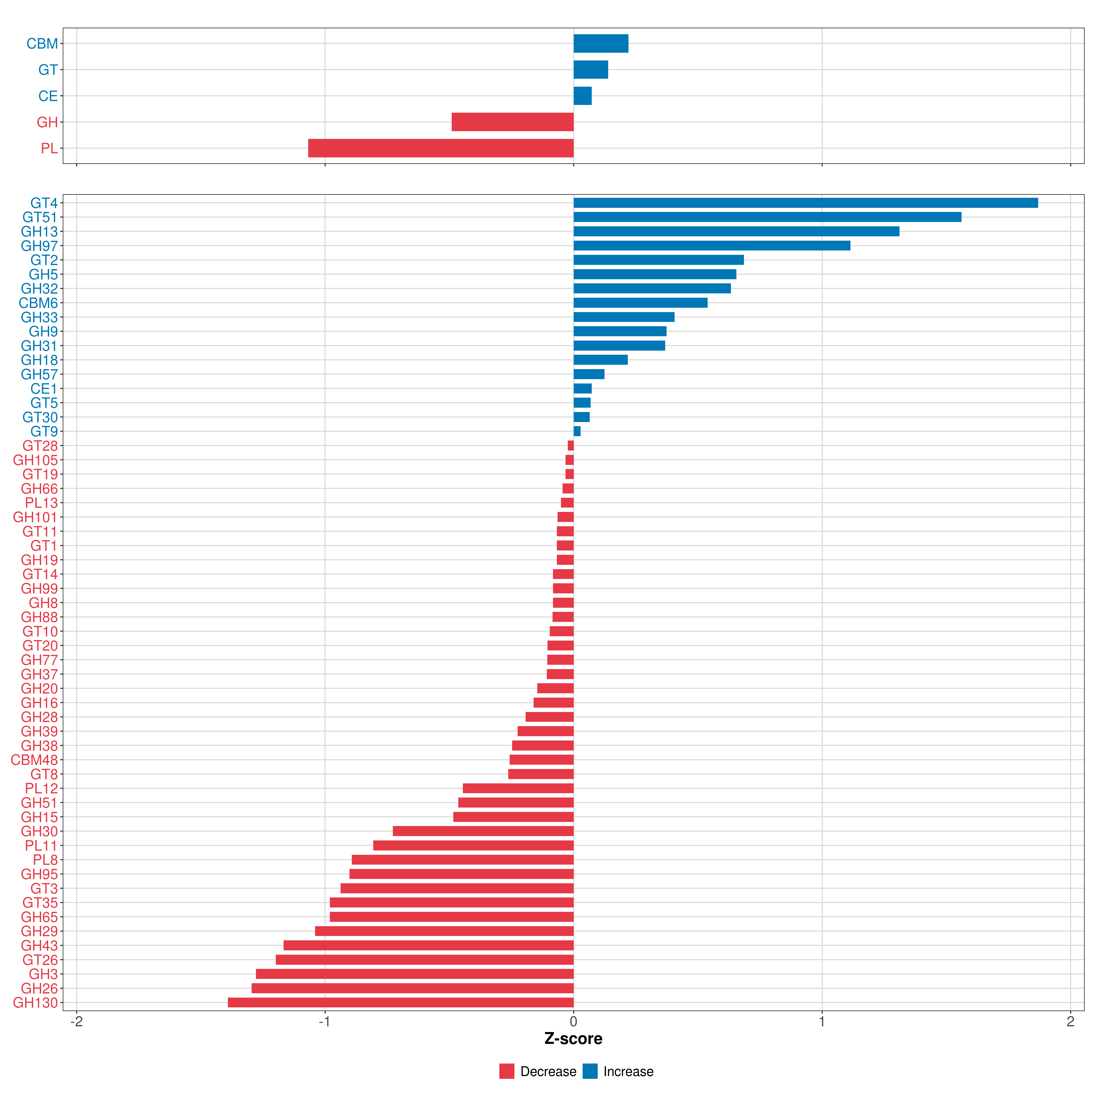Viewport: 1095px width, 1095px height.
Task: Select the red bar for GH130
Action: tap(401, 1003)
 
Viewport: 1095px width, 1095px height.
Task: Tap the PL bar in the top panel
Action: tap(441, 148)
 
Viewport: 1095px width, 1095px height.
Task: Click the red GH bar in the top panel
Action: tap(512, 122)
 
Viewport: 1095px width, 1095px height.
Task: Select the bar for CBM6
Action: tap(640, 303)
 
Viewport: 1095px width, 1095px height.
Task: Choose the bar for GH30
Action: tap(483, 831)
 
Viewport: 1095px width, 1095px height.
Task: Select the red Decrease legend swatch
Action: tap(507, 1071)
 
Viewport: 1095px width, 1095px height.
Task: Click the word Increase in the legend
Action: tap(628, 1071)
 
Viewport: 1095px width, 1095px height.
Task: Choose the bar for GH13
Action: tap(736, 231)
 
